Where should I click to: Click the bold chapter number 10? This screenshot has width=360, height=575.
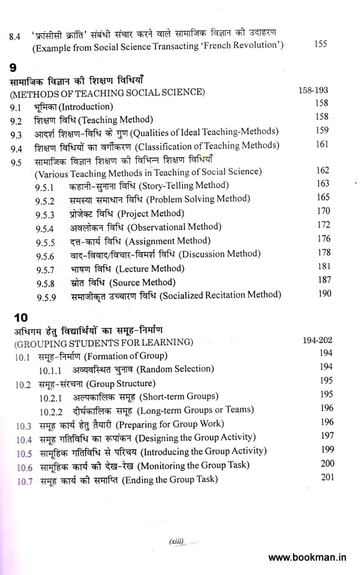pyautogui.click(x=21, y=317)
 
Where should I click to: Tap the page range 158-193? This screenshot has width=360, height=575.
pyautogui.click(x=313, y=90)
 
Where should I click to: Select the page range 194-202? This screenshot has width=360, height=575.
pyautogui.click(x=317, y=340)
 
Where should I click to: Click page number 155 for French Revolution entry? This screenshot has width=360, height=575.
pyautogui.click(x=321, y=44)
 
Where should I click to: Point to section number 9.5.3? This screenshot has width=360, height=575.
pyautogui.click(x=45, y=215)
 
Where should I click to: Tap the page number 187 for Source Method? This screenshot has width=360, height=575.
pyautogui.click(x=324, y=280)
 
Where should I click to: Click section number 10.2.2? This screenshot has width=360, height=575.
pyautogui.click(x=51, y=412)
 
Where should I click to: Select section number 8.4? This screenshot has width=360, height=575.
pyautogui.click(x=14, y=36)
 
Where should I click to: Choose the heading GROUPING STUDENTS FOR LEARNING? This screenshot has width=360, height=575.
pyautogui.click(x=103, y=343)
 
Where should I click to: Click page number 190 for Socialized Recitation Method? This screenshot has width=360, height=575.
pyautogui.click(x=325, y=294)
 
